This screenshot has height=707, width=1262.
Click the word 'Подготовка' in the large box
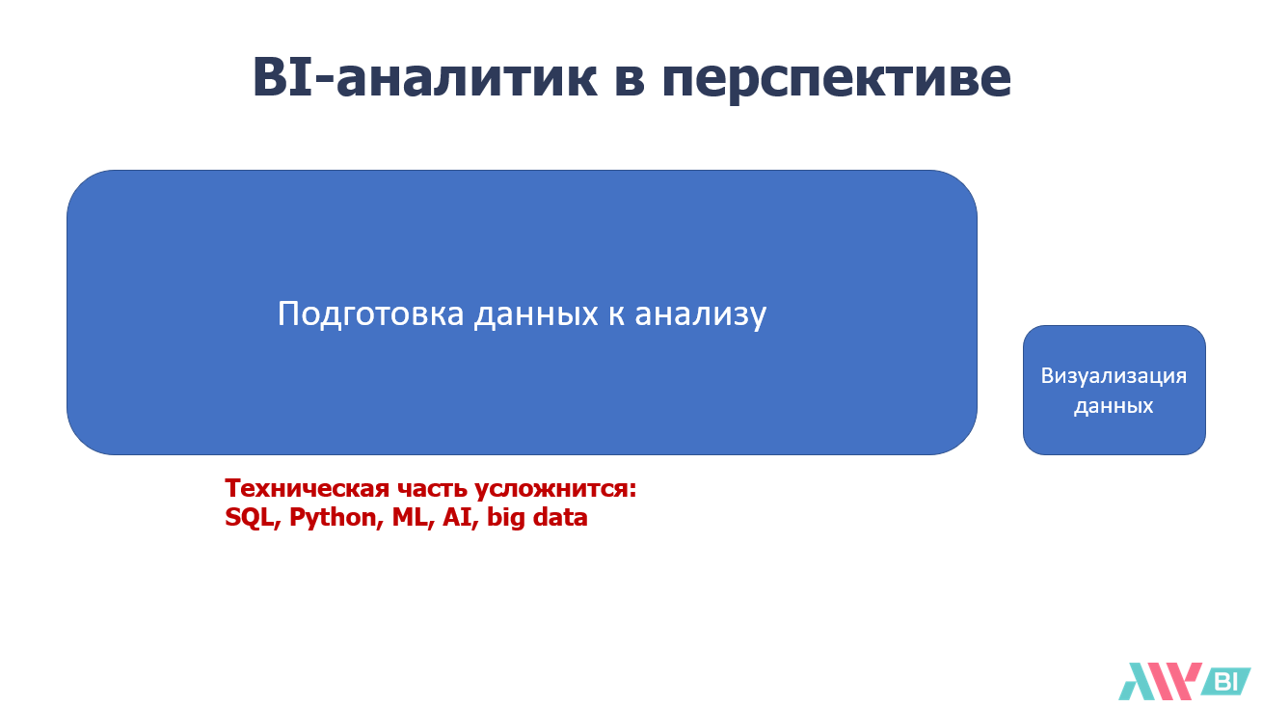(371, 314)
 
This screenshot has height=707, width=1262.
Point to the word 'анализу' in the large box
(700, 315)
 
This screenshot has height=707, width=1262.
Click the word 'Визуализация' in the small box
(1114, 376)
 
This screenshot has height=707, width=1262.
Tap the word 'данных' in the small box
(1114, 406)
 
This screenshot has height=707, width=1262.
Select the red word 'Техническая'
(307, 488)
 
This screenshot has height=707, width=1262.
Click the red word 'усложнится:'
(555, 489)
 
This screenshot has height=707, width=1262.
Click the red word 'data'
(560, 517)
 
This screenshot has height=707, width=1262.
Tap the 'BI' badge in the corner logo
(1226, 682)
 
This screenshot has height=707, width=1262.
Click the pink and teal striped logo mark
(1160, 681)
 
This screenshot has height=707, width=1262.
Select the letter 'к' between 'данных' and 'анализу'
(616, 316)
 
